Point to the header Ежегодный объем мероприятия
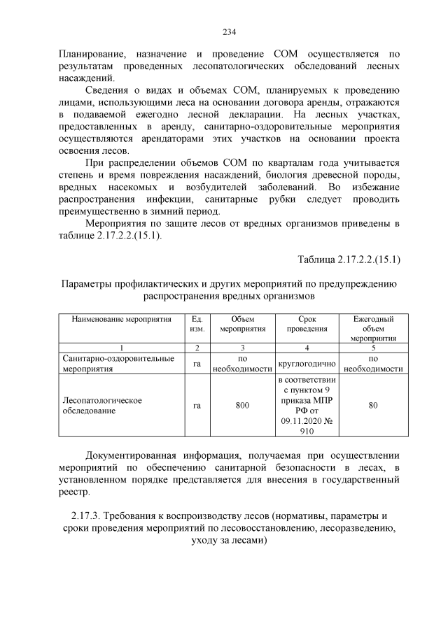coord(373,328)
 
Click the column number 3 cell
coord(242,347)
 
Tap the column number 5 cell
coord(373,347)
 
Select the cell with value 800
coord(242,406)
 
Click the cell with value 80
coord(373,406)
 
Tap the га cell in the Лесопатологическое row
coord(197,406)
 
